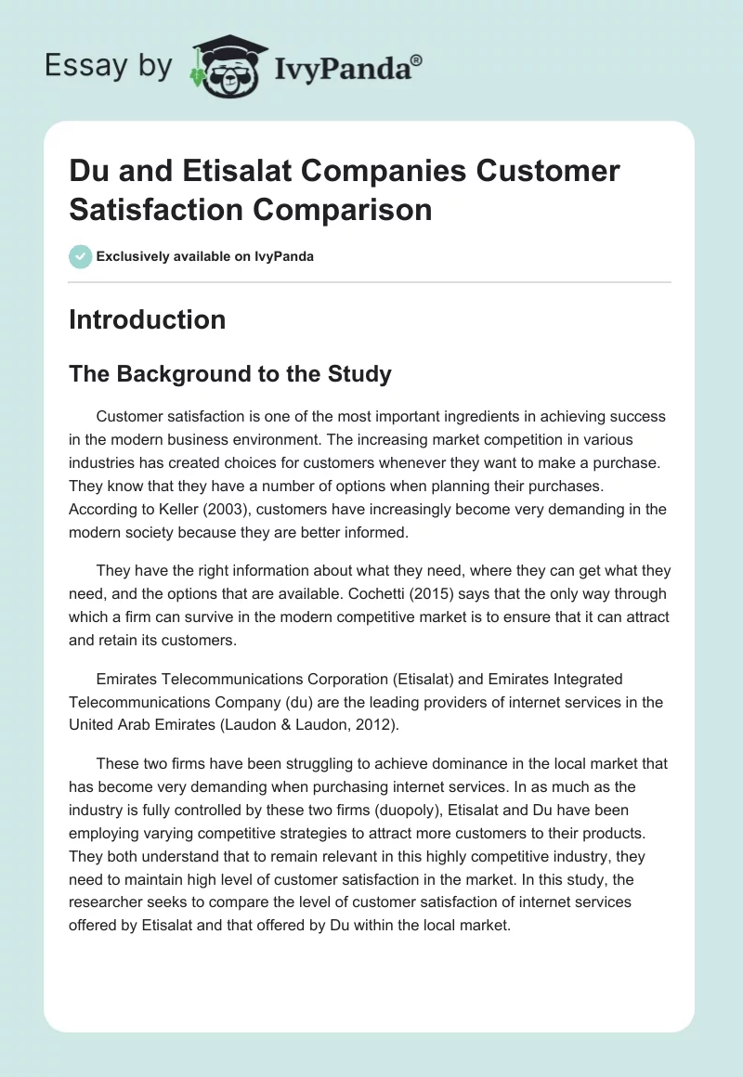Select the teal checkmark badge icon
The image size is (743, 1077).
point(81,256)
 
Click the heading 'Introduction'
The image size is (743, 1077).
point(147,319)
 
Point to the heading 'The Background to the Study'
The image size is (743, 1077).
point(230,374)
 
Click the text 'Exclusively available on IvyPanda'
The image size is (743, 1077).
point(204,256)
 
